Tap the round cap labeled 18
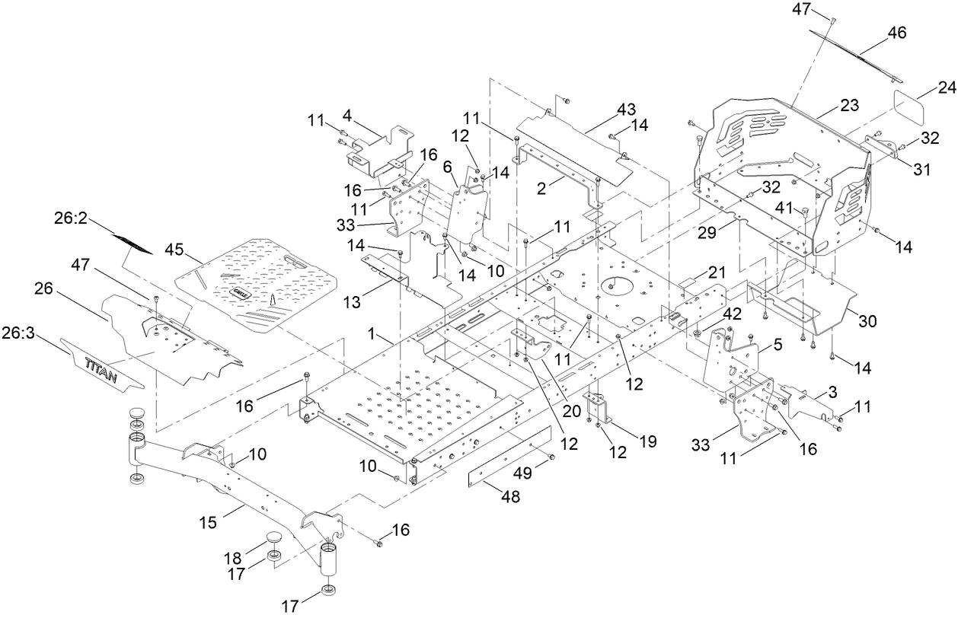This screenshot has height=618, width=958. click(273, 539)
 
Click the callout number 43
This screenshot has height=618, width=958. click(626, 110)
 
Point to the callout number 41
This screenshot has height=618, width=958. click(784, 206)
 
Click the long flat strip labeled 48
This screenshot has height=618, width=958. click(509, 456)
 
